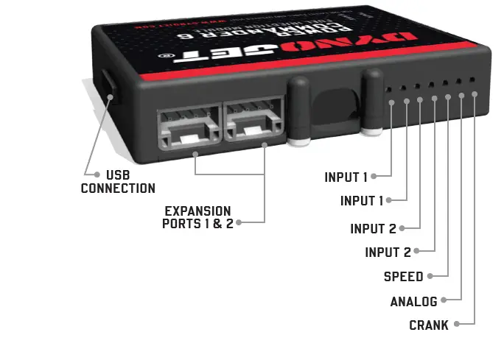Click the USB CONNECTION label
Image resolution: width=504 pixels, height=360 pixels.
pos(118,182)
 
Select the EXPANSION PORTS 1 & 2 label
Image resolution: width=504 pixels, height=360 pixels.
pos(197,216)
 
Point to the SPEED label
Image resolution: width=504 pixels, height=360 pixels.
pos(403,277)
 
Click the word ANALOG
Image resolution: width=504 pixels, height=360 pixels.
pos(413,301)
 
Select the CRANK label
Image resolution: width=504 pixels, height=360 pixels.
pos(428,325)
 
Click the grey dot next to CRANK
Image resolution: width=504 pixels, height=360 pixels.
pos(458,325)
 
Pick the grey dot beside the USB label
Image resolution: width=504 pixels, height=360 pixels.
pos(97,174)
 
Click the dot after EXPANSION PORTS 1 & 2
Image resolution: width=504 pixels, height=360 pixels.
pos(240,222)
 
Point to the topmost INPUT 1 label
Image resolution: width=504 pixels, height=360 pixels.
pos(346,177)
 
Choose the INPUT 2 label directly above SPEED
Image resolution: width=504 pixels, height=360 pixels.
pos(388,253)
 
